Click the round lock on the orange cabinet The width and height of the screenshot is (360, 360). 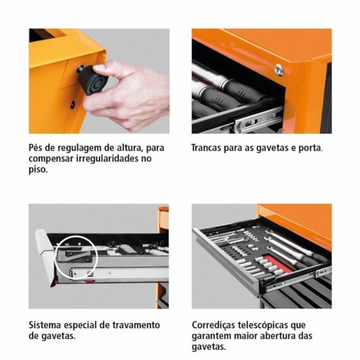click(x=279, y=69)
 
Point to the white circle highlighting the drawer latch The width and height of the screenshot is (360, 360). click(x=76, y=256)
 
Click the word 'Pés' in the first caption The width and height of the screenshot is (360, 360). click(x=38, y=148)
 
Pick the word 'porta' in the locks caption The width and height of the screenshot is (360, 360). click(x=310, y=148)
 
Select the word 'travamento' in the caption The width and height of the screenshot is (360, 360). click(x=135, y=325)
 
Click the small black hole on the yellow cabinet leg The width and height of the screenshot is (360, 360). click(x=73, y=104)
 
